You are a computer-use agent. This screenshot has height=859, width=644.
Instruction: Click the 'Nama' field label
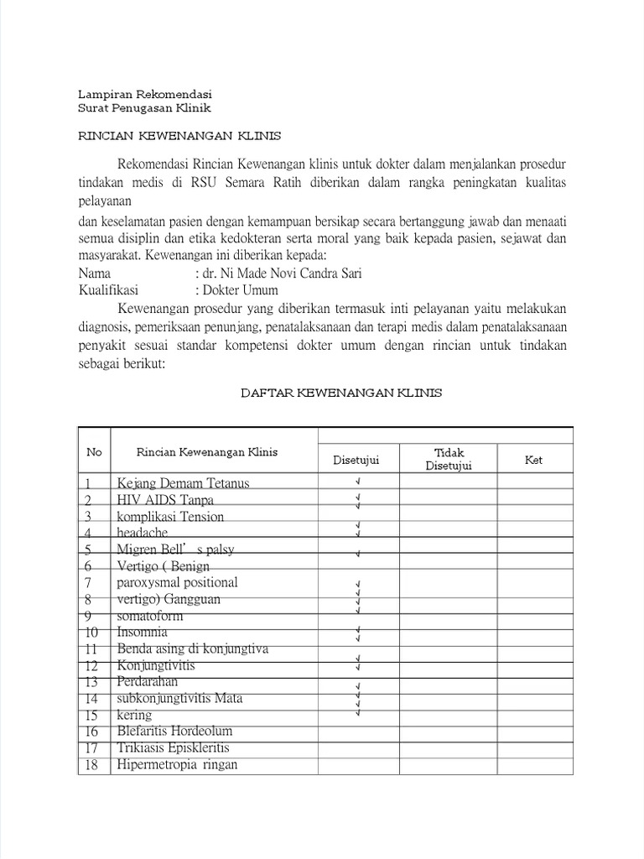94,274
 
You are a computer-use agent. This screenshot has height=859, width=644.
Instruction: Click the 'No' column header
94,452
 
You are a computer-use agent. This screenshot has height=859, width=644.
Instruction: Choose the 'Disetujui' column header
356,460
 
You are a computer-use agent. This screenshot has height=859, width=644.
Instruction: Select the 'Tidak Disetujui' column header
449,459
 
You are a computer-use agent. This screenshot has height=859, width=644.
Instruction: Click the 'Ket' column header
533,460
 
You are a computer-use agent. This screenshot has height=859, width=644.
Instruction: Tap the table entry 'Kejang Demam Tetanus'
184,483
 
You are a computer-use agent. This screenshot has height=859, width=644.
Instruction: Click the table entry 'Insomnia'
143,632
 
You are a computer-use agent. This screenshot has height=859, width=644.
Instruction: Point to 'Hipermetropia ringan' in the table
178,764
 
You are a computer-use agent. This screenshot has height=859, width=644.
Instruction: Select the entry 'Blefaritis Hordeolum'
175,731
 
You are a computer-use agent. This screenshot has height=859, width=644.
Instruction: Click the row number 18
92,764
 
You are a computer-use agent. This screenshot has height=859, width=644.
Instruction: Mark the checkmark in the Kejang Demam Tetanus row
357,482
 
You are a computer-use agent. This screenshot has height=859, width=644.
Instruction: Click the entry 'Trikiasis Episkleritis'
174,747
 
